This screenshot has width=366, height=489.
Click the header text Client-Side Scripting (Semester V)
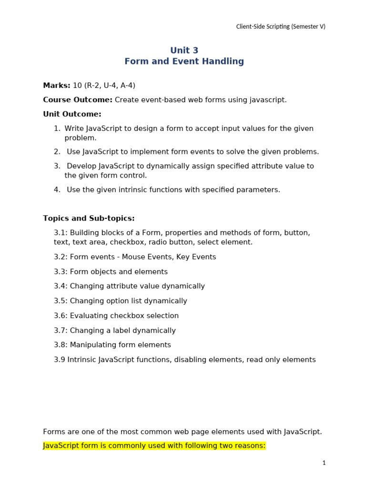[x=281, y=27]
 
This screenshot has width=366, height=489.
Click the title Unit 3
[x=184, y=51]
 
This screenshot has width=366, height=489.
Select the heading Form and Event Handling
[x=184, y=62]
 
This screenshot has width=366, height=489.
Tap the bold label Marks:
[x=57, y=85]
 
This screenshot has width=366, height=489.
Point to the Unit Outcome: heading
[x=72, y=114]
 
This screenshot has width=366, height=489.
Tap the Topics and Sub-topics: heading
[x=89, y=218]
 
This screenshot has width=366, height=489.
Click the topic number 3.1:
[x=61, y=233]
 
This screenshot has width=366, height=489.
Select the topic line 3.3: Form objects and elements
[x=111, y=272]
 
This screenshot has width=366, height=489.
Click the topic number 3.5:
[x=61, y=301]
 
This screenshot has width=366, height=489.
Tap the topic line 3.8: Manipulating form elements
[x=112, y=345]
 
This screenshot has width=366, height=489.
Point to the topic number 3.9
[x=60, y=360]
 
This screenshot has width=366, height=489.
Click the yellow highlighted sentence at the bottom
[x=154, y=446]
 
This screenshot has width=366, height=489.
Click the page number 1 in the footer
[x=324, y=463]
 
